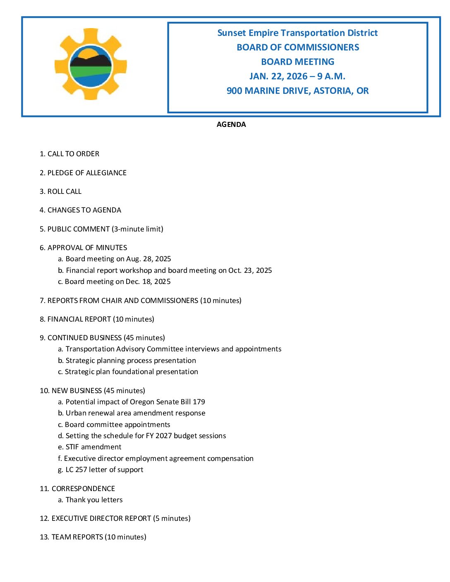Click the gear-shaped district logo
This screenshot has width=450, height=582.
point(91,64)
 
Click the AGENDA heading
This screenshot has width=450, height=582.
point(231,124)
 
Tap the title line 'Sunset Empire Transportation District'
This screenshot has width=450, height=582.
point(297,33)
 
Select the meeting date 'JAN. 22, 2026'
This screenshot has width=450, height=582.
point(278,76)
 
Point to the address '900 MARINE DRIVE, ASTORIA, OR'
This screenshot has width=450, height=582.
point(297,91)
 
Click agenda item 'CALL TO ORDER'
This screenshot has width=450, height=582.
point(73,154)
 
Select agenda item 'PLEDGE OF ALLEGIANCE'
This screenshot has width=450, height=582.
point(87,173)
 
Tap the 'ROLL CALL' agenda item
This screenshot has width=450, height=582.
point(65,191)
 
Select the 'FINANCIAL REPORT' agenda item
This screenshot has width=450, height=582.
point(79,319)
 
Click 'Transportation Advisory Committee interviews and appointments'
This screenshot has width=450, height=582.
point(173,349)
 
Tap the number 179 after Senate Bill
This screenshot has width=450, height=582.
point(199,402)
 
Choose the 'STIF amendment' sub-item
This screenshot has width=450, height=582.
point(93,447)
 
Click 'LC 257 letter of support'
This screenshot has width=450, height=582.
point(104,470)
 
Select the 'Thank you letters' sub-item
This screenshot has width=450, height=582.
point(94,500)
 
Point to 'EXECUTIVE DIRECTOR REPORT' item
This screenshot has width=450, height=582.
point(101,518)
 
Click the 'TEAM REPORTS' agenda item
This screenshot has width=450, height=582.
point(77,537)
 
